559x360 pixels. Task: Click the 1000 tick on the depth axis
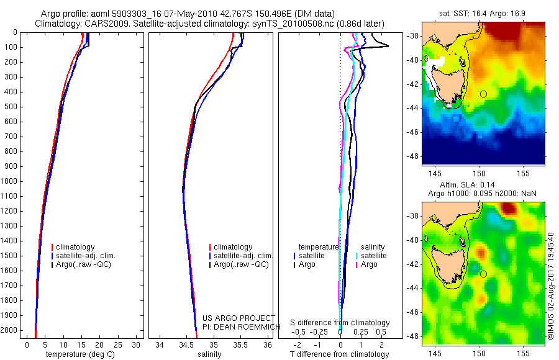pos(10,181)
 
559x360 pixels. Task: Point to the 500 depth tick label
pos(10,107)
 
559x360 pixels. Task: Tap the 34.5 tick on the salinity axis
pos(186,344)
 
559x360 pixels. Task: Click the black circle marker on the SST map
pos(483,94)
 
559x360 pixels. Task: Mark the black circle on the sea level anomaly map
pos(483,274)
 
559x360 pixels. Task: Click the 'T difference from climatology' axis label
pos(339,354)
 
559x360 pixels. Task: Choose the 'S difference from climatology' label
pos(340,323)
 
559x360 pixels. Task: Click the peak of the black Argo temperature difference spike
pos(389,46)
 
